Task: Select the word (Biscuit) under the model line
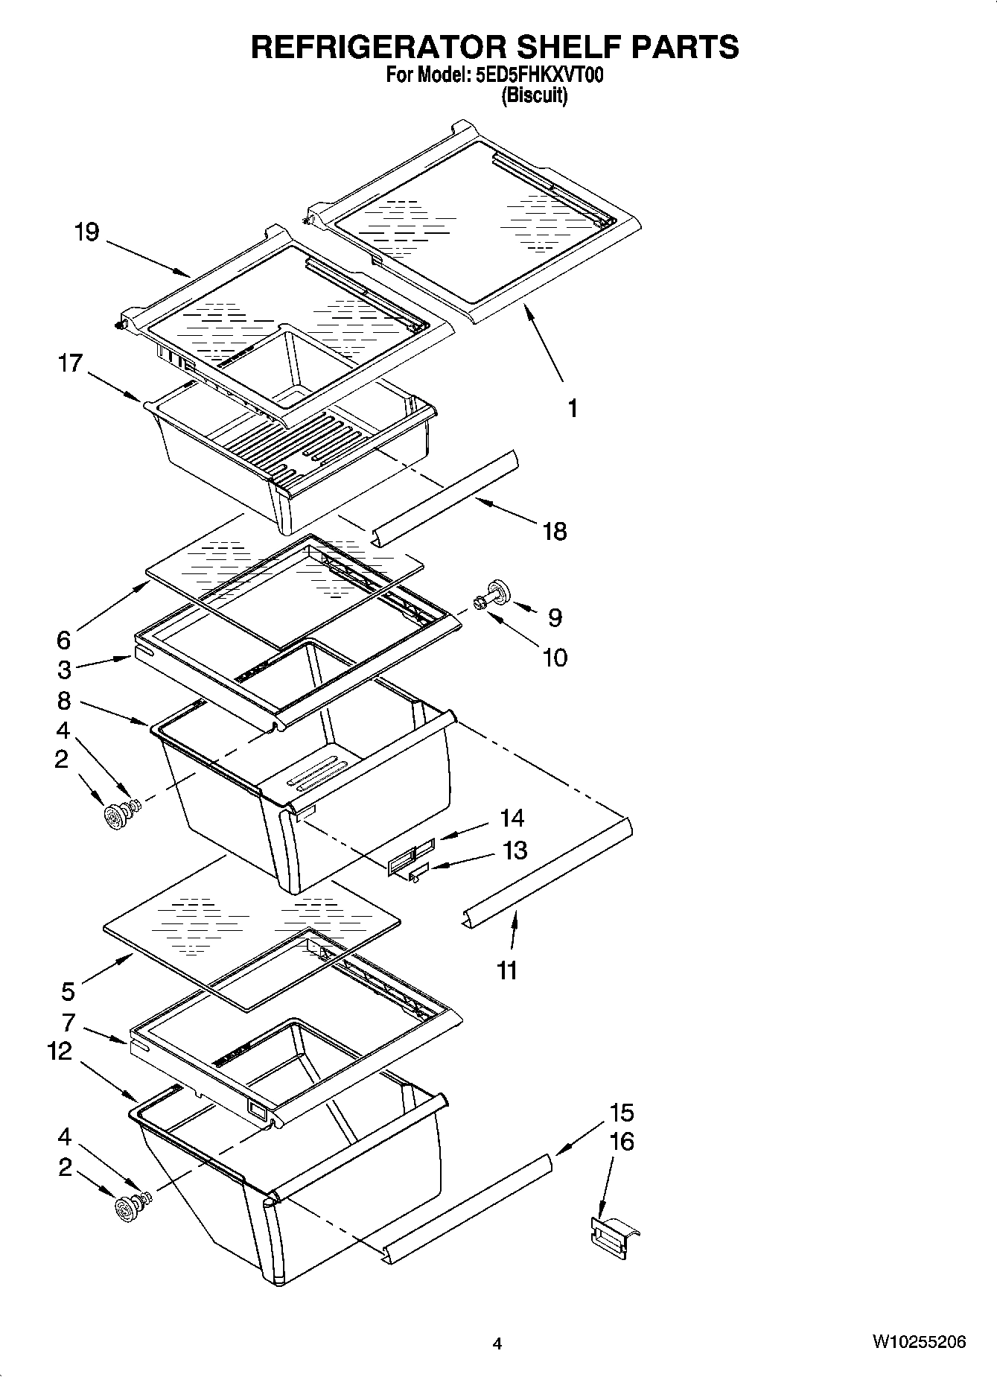(534, 95)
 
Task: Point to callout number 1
(572, 408)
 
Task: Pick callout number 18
(555, 531)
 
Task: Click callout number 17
(70, 363)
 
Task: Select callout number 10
(555, 657)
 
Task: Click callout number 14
(512, 818)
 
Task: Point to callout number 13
(515, 850)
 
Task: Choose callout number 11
(506, 970)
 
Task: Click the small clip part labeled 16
(614, 1237)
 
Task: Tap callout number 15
(622, 1113)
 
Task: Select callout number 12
(60, 1051)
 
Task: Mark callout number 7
(69, 1022)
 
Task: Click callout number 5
(68, 991)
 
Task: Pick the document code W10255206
(920, 1342)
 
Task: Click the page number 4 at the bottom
(497, 1344)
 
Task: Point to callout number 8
(64, 700)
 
